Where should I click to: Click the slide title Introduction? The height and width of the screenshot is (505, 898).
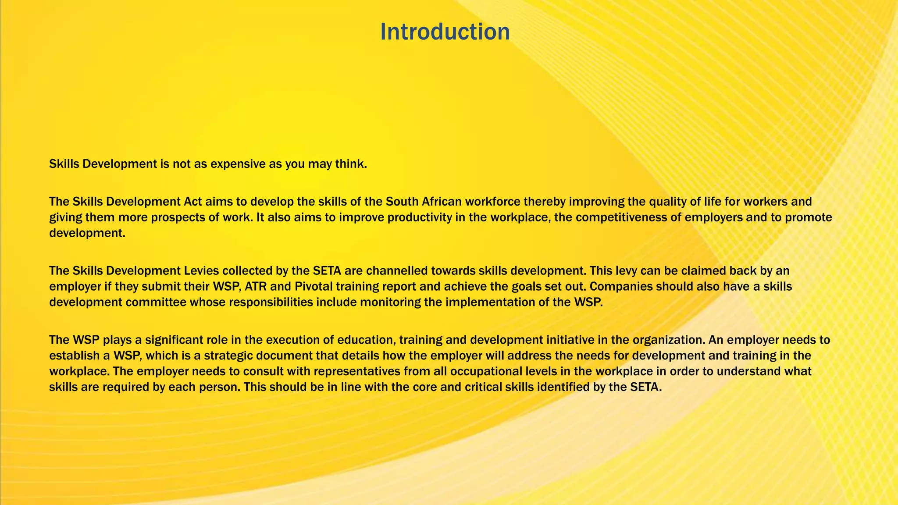tap(445, 32)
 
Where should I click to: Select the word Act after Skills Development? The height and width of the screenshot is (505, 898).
tap(192, 202)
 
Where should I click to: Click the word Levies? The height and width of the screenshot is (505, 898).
tap(197, 271)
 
